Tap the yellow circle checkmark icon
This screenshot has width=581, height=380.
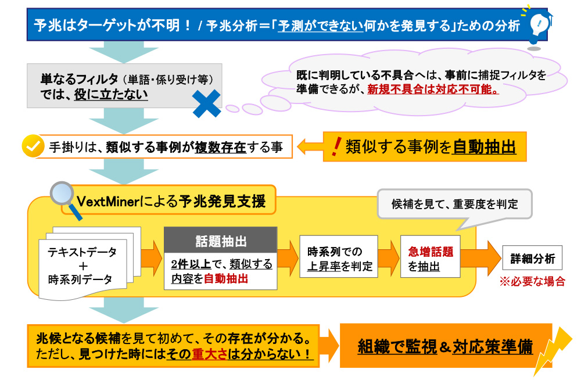coord(33,146)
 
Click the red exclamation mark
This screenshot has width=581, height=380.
coord(336,146)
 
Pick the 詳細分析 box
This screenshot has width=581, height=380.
coord(532,258)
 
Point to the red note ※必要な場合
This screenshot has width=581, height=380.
coord(532,281)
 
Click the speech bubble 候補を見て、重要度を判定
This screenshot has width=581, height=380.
coord(455,204)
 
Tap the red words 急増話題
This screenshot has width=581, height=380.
coord(431,252)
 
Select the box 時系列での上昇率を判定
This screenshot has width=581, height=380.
coord(339,257)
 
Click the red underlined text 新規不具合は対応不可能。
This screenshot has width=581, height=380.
coord(433,89)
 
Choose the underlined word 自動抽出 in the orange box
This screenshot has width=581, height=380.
coord(484,147)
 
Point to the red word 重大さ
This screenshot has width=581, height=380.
coord(209,354)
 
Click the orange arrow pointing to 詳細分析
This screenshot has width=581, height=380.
coord(480,258)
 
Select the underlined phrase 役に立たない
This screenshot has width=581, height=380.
coord(111,95)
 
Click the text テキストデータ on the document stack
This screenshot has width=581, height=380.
coord(82,252)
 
